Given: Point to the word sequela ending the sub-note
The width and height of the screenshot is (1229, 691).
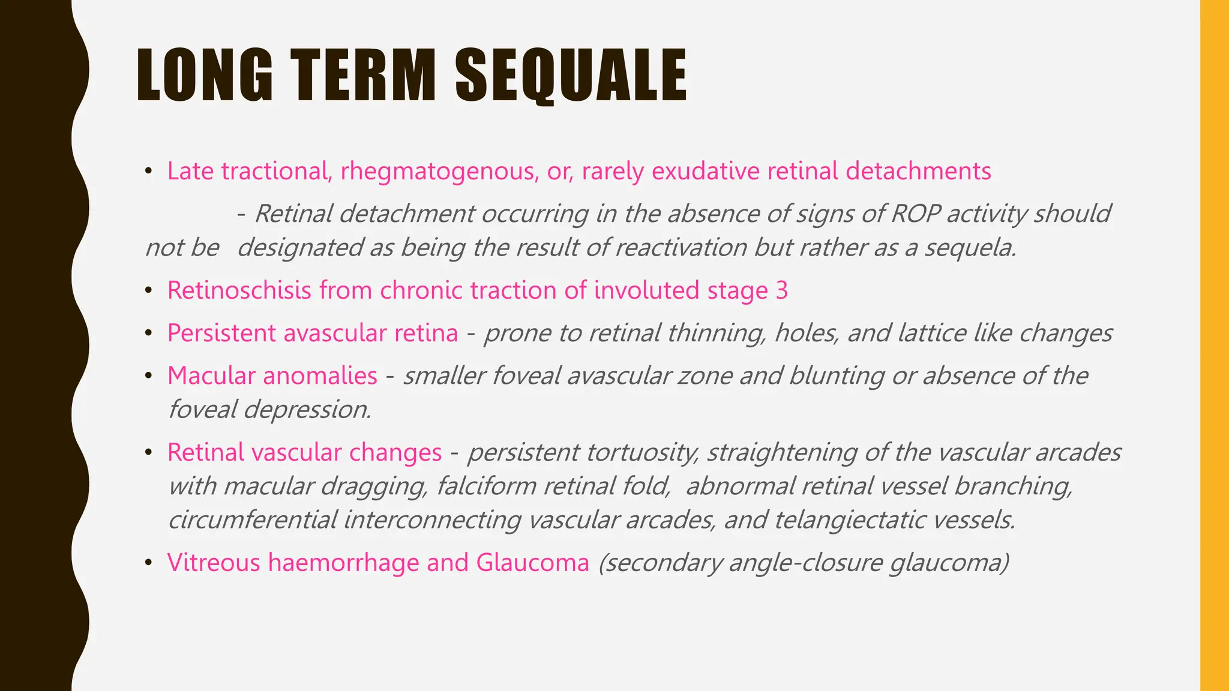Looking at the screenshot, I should click(970, 248).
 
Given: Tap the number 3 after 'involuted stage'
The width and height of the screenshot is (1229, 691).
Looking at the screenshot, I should click(781, 291).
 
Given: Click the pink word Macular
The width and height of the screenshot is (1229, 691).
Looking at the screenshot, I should click(212, 376).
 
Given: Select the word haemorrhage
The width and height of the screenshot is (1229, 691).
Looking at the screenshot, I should click(343, 563).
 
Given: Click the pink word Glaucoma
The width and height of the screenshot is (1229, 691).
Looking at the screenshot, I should click(533, 563).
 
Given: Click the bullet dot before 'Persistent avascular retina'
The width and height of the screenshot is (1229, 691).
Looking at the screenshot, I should click(148, 333).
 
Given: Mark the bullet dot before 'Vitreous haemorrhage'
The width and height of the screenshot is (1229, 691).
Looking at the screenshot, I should click(148, 563).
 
